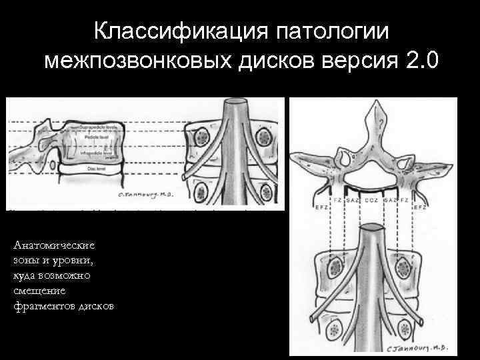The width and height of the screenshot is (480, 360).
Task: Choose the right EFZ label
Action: click(421, 207)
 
